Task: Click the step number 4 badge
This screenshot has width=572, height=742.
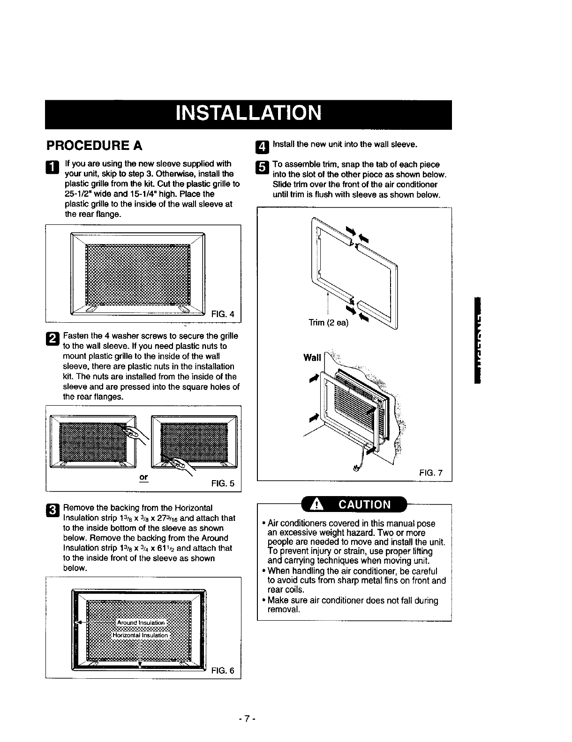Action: pyautogui.click(x=262, y=148)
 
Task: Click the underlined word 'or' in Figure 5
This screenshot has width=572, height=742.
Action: pyautogui.click(x=143, y=477)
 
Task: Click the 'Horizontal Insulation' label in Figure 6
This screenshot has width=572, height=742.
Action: pyautogui.click(x=140, y=635)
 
